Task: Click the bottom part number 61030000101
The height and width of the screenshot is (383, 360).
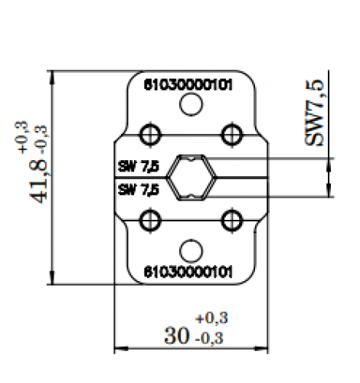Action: pos(189,271)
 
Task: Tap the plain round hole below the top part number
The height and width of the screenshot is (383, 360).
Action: pos(189,108)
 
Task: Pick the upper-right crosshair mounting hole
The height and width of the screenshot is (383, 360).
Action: pos(228,134)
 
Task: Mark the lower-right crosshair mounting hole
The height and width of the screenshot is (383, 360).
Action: pos(228,221)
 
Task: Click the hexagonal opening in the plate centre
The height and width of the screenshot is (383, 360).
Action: pos(189,178)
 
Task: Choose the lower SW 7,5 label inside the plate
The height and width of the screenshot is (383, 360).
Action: pos(139,188)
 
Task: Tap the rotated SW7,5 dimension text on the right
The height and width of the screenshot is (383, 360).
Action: pos(315,110)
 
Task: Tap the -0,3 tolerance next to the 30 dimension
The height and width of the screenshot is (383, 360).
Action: pos(214,337)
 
